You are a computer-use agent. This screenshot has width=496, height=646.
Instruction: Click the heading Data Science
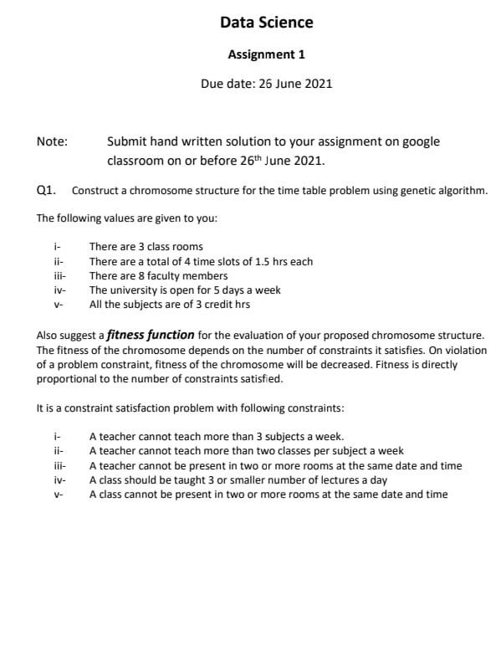(266, 23)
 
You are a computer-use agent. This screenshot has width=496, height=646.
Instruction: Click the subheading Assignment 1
(266, 54)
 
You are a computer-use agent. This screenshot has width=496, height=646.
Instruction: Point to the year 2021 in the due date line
(317, 84)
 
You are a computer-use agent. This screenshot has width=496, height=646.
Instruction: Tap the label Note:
(52, 142)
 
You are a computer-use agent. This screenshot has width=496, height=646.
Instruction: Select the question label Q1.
(47, 190)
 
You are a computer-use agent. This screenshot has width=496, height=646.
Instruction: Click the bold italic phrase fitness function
(151, 335)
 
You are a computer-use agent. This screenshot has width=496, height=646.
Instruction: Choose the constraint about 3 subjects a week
(216, 437)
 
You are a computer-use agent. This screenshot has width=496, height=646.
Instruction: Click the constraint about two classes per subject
(246, 451)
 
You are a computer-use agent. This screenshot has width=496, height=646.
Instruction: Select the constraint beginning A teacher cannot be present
(275, 465)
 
